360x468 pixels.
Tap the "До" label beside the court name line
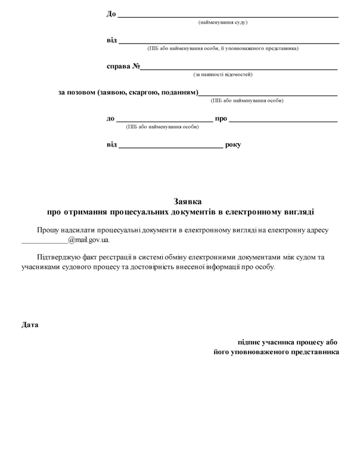(111, 14)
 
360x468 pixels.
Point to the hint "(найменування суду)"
(223, 23)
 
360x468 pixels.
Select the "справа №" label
(123, 66)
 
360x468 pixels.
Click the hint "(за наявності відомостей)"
(223, 75)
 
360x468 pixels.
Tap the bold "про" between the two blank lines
(221, 119)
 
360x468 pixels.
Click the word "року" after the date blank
(233, 144)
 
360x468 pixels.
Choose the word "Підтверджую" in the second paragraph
(60, 257)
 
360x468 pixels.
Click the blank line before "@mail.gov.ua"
(44, 241)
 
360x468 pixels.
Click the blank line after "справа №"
(238, 69)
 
